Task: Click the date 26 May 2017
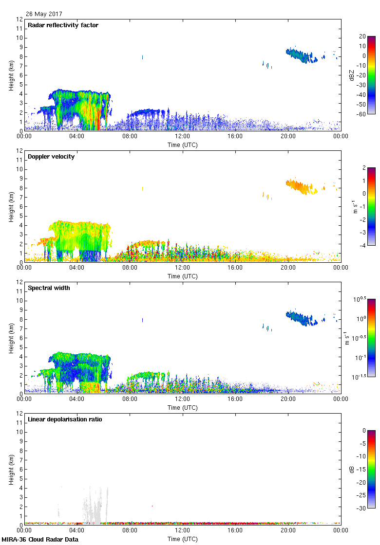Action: click(44, 14)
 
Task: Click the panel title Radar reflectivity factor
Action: click(63, 25)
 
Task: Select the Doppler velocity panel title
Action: click(51, 157)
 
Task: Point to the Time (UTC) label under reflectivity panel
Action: click(183, 145)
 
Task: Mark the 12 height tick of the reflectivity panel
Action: click(19, 19)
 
